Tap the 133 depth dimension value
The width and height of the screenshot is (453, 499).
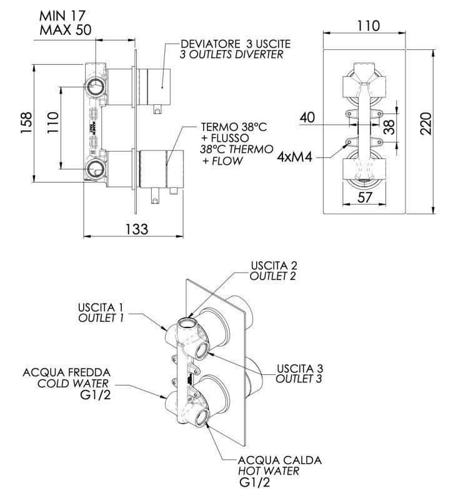click(136, 229)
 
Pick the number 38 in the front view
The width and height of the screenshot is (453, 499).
click(389, 128)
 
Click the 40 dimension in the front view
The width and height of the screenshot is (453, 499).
click(308, 117)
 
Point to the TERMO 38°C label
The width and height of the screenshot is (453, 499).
click(234, 127)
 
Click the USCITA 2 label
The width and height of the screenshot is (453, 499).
click(272, 265)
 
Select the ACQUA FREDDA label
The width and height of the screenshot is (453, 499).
click(66, 372)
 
